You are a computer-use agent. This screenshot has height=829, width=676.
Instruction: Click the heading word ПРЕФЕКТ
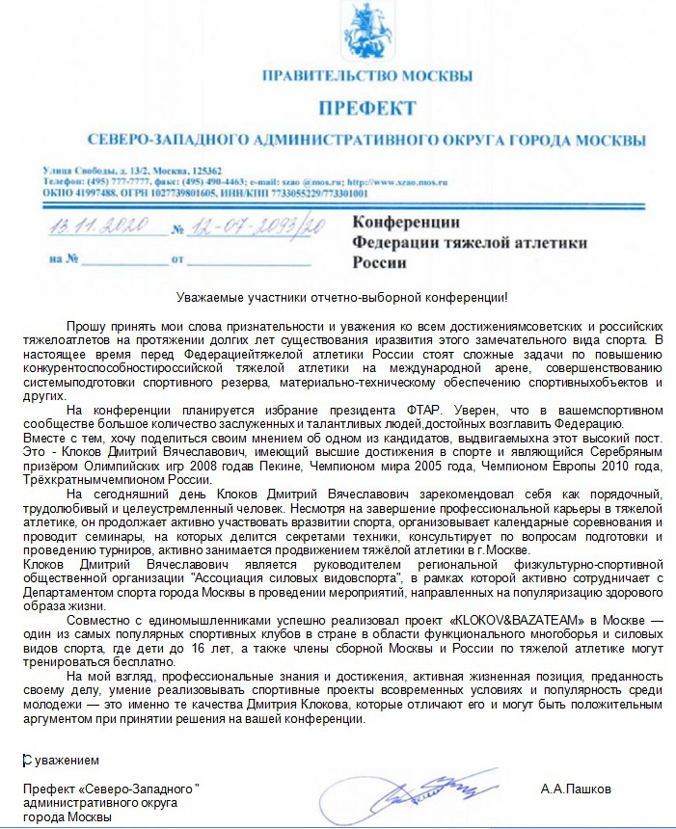[x=367, y=107]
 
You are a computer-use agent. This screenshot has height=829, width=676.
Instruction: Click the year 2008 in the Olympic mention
[x=201, y=465]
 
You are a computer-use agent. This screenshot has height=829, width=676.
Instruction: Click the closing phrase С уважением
[x=60, y=761]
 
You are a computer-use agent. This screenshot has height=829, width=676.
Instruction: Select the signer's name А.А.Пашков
[x=576, y=789]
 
